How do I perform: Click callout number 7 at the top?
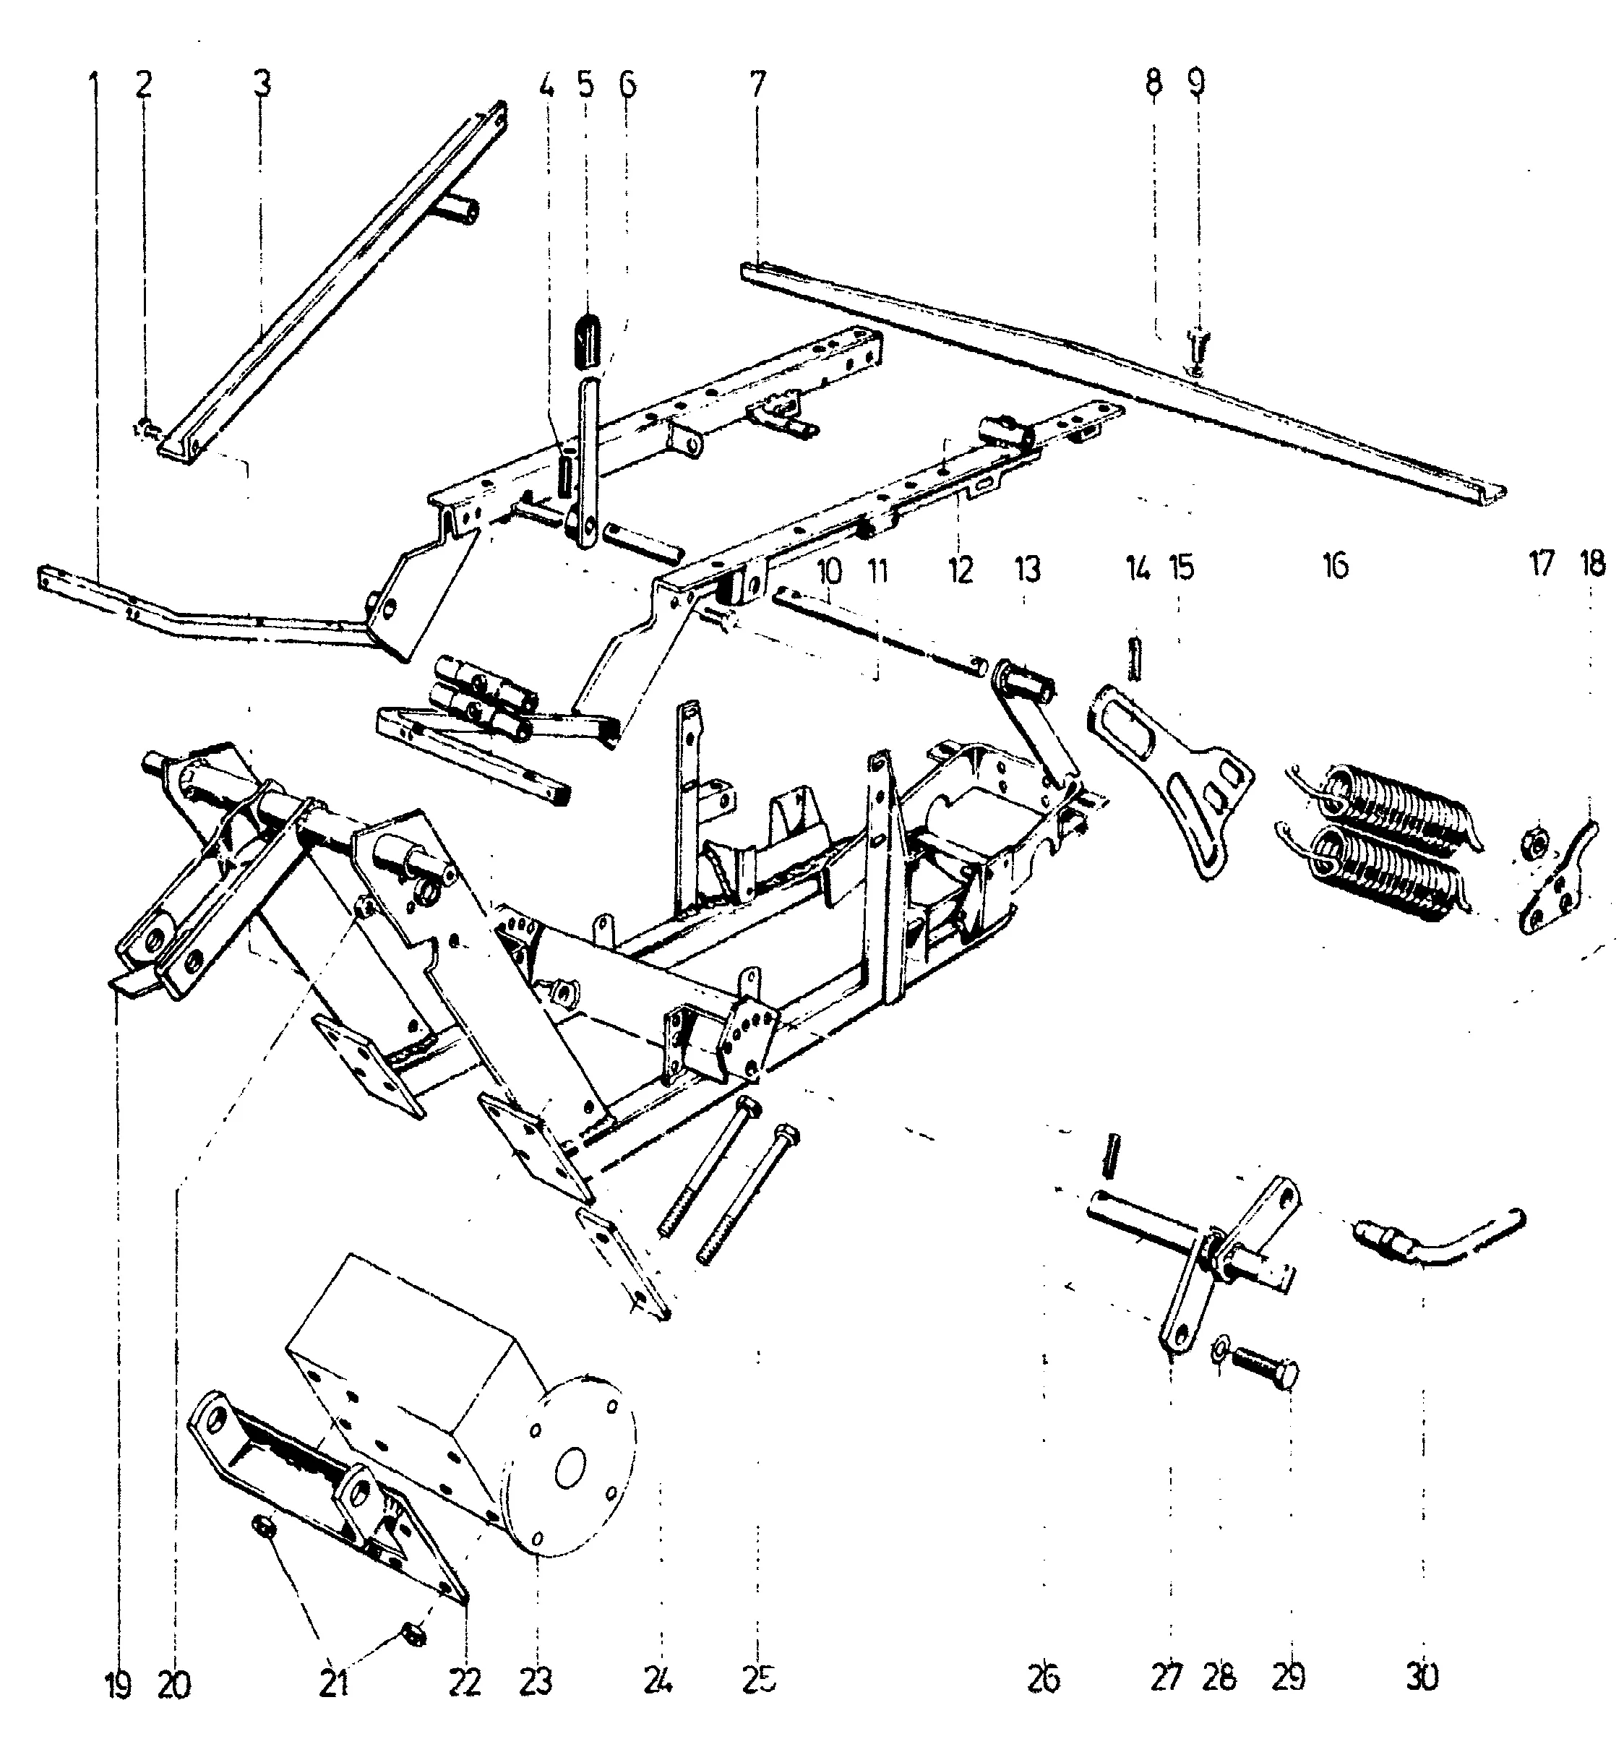(757, 85)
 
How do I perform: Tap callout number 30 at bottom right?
(1423, 1678)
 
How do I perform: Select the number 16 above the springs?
(1335, 567)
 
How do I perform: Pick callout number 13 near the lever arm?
(1026, 570)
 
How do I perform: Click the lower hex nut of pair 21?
(412, 1631)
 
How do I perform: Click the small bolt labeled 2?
(146, 429)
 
